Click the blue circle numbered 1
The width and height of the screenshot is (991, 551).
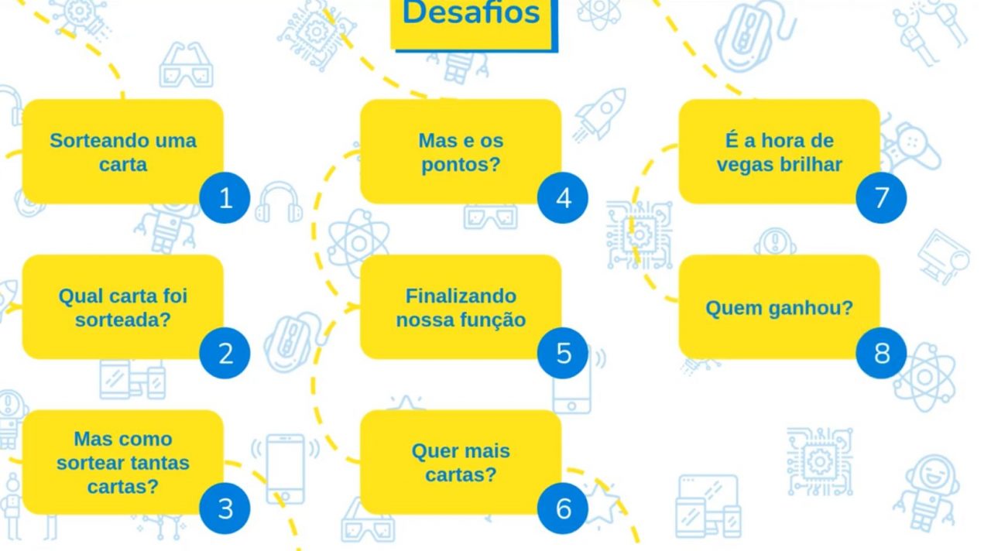point(225,198)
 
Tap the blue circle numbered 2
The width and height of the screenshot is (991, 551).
point(225,354)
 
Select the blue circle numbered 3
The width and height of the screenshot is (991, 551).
point(225,508)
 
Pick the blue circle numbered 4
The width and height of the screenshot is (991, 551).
point(563,198)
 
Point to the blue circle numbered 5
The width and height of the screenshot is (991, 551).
point(563,354)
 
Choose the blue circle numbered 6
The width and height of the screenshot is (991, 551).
point(563,508)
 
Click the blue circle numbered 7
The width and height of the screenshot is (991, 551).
point(881,198)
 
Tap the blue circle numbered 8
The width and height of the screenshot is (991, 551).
point(881,354)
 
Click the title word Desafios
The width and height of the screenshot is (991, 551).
point(471,14)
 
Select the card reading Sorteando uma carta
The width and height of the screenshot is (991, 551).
point(122,152)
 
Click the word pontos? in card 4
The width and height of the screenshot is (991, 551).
point(461,165)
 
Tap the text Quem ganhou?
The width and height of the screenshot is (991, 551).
point(779,308)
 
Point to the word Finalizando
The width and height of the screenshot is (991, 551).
point(461,296)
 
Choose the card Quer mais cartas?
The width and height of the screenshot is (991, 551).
point(461,462)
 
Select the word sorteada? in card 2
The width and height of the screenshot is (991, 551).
point(122,320)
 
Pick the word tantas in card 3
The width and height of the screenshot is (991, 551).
point(160,463)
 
